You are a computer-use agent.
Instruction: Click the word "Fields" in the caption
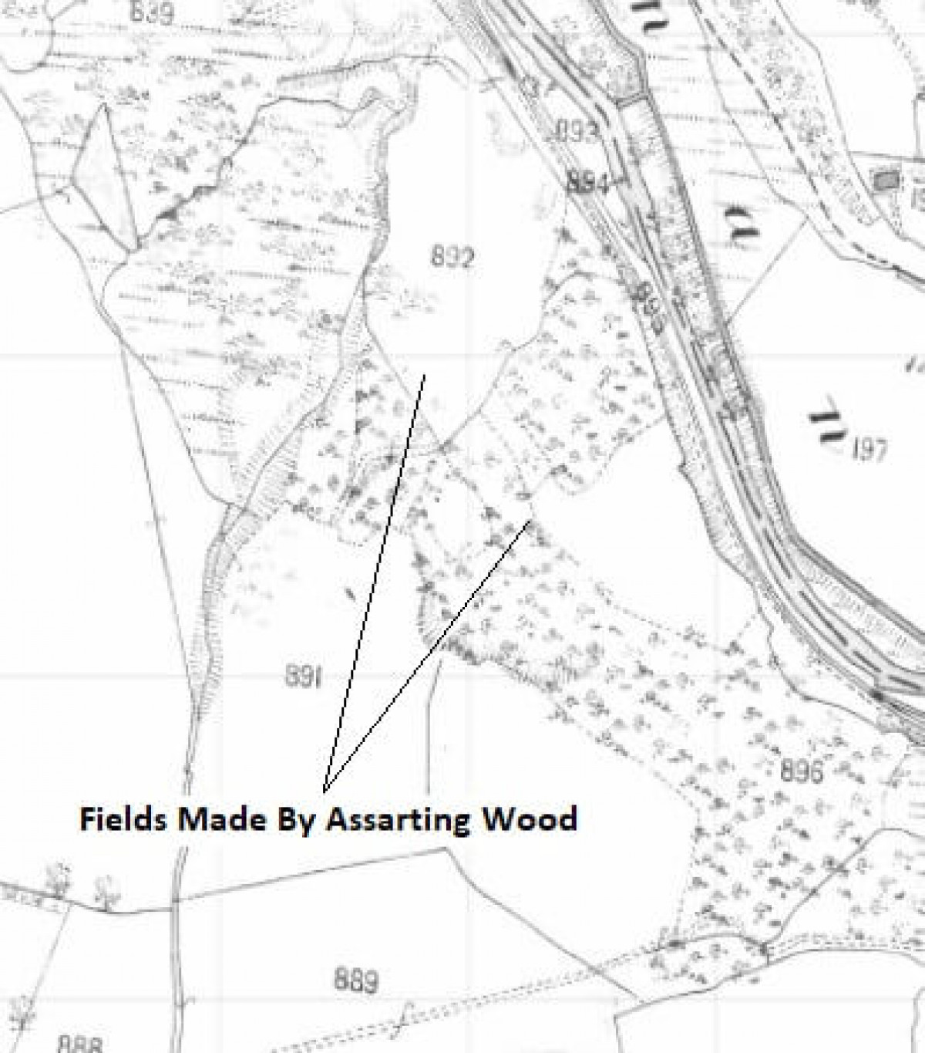coord(123,819)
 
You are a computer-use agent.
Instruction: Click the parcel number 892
coord(451,257)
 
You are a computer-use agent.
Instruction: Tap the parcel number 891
coord(303,677)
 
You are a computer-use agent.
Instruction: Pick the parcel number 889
coord(356,980)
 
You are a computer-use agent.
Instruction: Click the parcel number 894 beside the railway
coord(587,184)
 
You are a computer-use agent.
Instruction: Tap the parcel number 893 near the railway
coord(577,132)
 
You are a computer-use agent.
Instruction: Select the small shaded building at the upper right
coord(886,181)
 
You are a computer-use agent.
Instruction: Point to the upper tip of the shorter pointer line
coord(530,522)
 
